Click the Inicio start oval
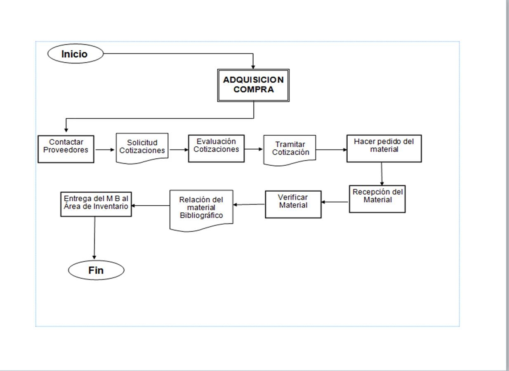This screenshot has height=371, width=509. click(75, 54)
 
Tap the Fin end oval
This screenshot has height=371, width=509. click(96, 270)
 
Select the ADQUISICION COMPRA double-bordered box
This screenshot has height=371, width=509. click(253, 85)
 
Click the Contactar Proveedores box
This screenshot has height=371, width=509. click(66, 149)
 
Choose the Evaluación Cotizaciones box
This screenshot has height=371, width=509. click(216, 148)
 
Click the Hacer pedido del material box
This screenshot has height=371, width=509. click(384, 148)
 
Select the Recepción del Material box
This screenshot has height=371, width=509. click(377, 199)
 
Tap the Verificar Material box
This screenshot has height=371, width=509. click(293, 204)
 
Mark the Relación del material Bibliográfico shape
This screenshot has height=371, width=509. click(201, 209)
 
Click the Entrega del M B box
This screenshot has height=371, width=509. click(96, 204)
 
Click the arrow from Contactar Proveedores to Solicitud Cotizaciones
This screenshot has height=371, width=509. click(105, 150)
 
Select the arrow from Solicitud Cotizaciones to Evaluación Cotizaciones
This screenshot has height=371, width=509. click(178, 150)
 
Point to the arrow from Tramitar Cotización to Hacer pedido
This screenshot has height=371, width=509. click(331, 150)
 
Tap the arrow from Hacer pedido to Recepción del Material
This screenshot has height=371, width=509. click(382, 174)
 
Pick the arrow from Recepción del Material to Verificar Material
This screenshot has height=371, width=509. click(335, 202)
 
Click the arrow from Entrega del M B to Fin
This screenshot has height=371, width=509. click(94, 237)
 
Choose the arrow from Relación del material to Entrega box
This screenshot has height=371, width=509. click(151, 205)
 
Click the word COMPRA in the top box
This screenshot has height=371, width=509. click(253, 90)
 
